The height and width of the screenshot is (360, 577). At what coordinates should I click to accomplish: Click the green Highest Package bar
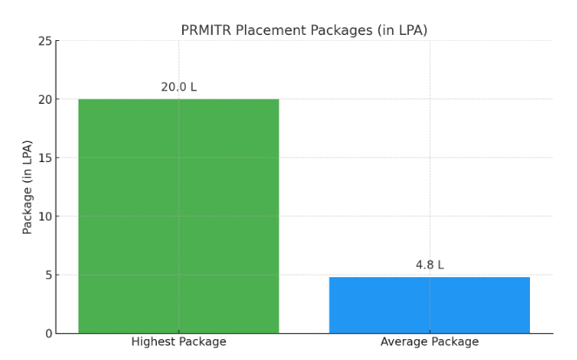click(x=179, y=216)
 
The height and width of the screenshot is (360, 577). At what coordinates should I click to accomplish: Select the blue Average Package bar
click(x=429, y=305)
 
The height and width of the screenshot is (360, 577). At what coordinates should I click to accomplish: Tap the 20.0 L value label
click(x=179, y=87)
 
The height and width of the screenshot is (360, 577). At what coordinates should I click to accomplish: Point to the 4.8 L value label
click(x=429, y=265)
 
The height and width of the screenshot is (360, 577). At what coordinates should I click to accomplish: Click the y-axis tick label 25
click(x=44, y=41)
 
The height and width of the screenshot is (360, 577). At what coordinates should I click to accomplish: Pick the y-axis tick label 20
click(x=44, y=99)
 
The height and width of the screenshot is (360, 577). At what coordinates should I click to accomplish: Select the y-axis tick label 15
click(x=44, y=158)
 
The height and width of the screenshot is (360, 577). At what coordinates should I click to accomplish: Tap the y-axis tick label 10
click(x=44, y=216)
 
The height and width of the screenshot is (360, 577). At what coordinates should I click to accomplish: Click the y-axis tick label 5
click(x=48, y=275)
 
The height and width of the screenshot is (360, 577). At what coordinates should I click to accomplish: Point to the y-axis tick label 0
click(x=48, y=333)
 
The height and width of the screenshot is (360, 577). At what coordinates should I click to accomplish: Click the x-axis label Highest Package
click(x=179, y=342)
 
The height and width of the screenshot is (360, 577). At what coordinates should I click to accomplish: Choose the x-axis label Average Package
click(x=429, y=342)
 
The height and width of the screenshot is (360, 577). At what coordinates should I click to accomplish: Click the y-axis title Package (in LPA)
click(x=28, y=187)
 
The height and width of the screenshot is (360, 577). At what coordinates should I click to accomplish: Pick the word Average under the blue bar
click(x=404, y=342)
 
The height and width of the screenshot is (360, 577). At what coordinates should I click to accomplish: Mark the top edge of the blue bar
click(x=429, y=278)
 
